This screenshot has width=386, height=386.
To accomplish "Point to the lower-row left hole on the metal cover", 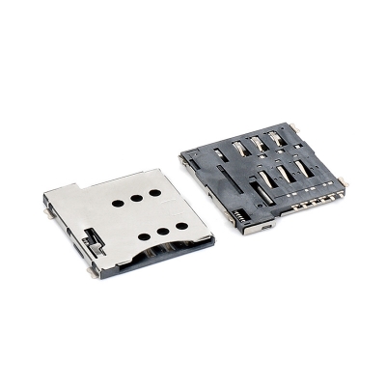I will coord(143,236).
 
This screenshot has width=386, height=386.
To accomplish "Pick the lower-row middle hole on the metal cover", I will coord(161,231).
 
